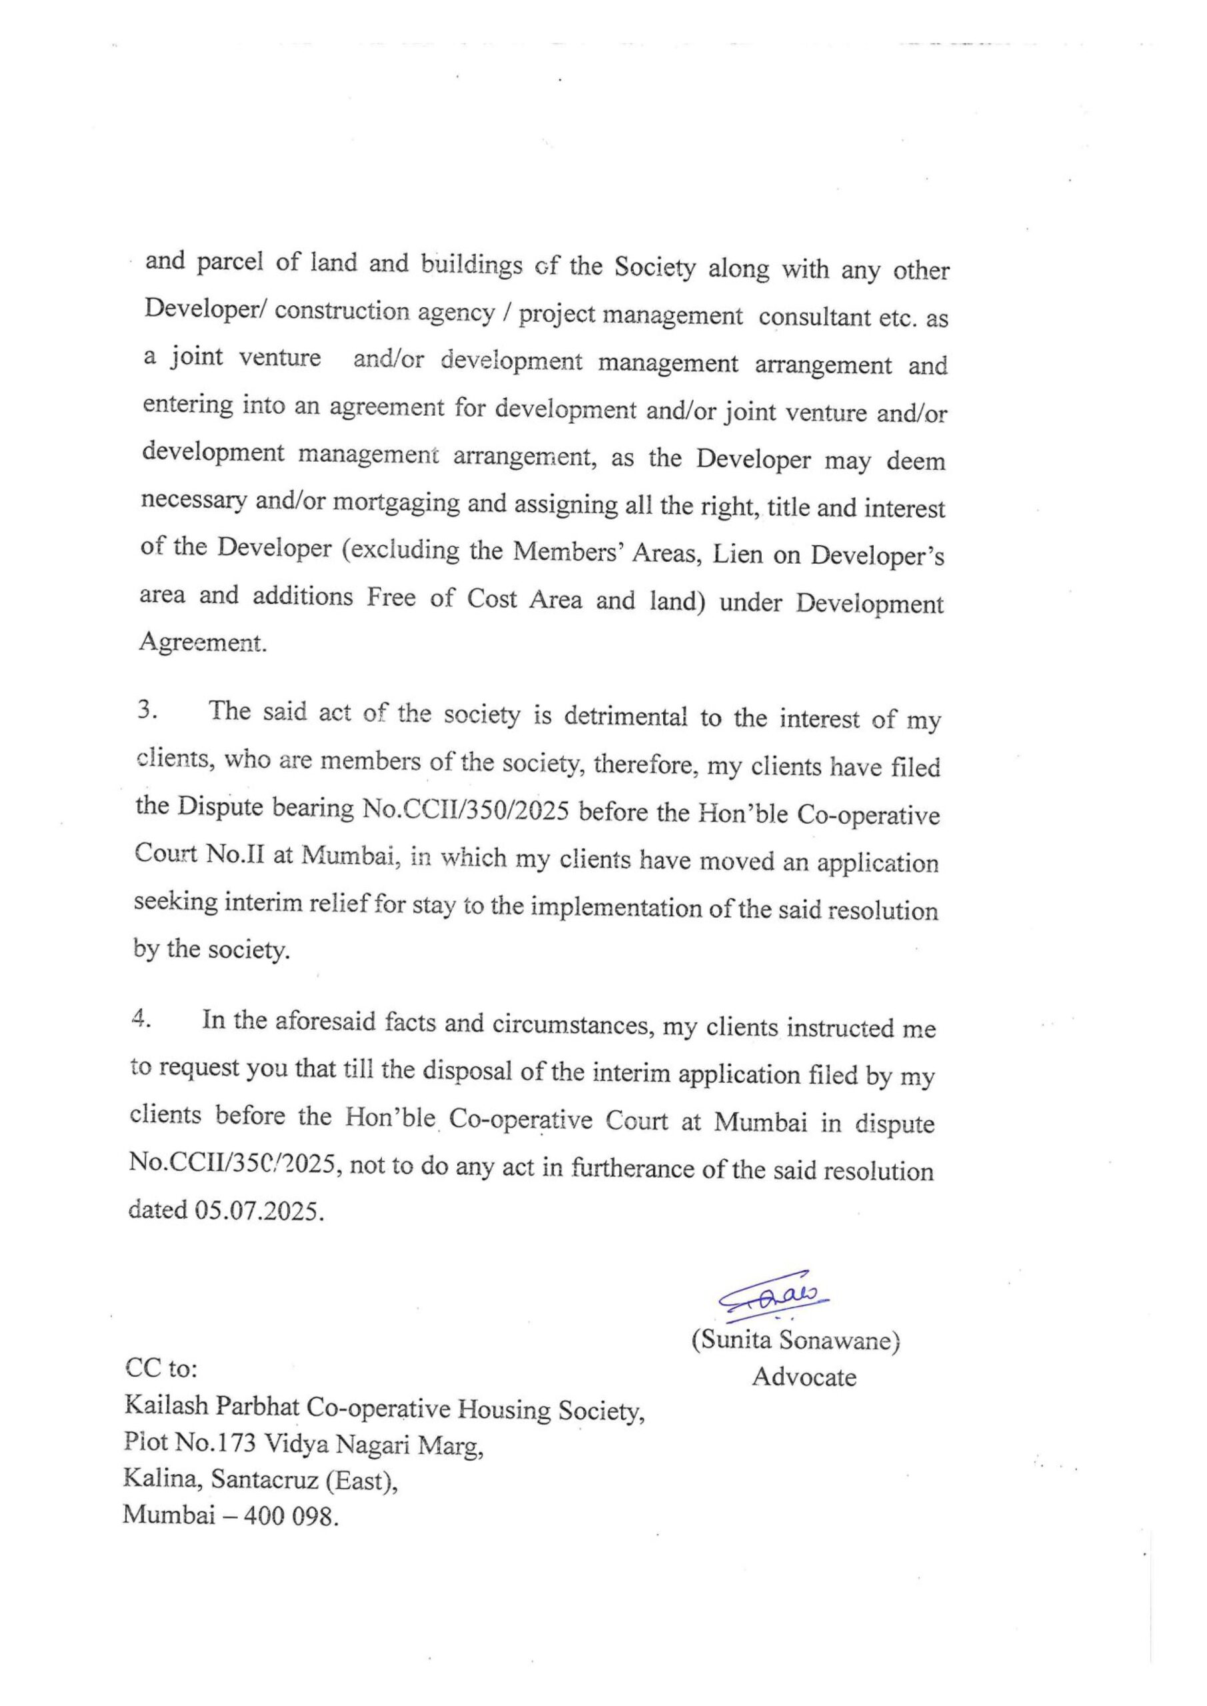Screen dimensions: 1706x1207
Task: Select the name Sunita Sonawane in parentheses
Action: coord(796,1340)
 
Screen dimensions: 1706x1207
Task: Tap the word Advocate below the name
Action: coord(804,1377)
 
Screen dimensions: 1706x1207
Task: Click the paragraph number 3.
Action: coord(147,710)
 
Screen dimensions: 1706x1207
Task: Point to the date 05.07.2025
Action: coord(259,1210)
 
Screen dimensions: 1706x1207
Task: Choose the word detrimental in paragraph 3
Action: coord(625,716)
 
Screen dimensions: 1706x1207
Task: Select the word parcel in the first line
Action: coord(231,264)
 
